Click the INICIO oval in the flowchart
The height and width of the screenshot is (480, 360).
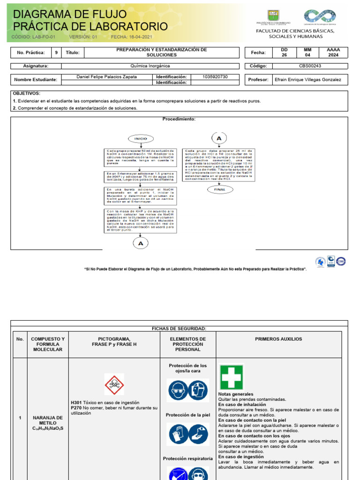[x=141, y=139]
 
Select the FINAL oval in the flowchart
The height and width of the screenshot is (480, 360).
[x=220, y=189]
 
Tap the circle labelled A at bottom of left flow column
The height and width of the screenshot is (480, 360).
[x=141, y=243]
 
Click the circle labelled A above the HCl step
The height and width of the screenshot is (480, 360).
[x=219, y=138]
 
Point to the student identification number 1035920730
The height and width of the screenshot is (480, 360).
[x=215, y=77]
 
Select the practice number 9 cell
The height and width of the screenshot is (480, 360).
[x=56, y=53]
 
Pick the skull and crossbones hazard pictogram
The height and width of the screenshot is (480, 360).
[x=114, y=384]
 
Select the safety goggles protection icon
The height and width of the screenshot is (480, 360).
[x=178, y=390]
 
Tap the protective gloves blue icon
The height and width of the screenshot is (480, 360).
[x=178, y=434]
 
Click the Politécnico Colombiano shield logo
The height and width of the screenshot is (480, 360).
[x=273, y=15]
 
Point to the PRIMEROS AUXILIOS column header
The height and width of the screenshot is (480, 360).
[x=278, y=339]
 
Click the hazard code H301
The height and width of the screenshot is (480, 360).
[x=76, y=403]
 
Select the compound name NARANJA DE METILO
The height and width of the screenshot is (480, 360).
[x=48, y=420]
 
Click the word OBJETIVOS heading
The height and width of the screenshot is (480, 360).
[x=27, y=94]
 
